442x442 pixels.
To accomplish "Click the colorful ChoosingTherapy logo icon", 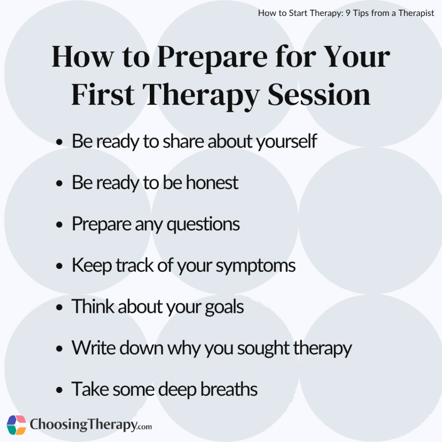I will click(16, 425).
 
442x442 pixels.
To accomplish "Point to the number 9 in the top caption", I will click(348, 13).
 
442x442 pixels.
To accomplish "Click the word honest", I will click(212, 183).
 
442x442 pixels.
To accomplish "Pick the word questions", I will click(203, 224).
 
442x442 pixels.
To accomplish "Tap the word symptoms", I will click(256, 266).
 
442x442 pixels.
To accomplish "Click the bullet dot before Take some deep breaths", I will click(60, 391).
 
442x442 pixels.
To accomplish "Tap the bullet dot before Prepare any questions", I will click(60, 225).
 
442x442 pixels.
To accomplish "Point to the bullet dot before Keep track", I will click(60, 267).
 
